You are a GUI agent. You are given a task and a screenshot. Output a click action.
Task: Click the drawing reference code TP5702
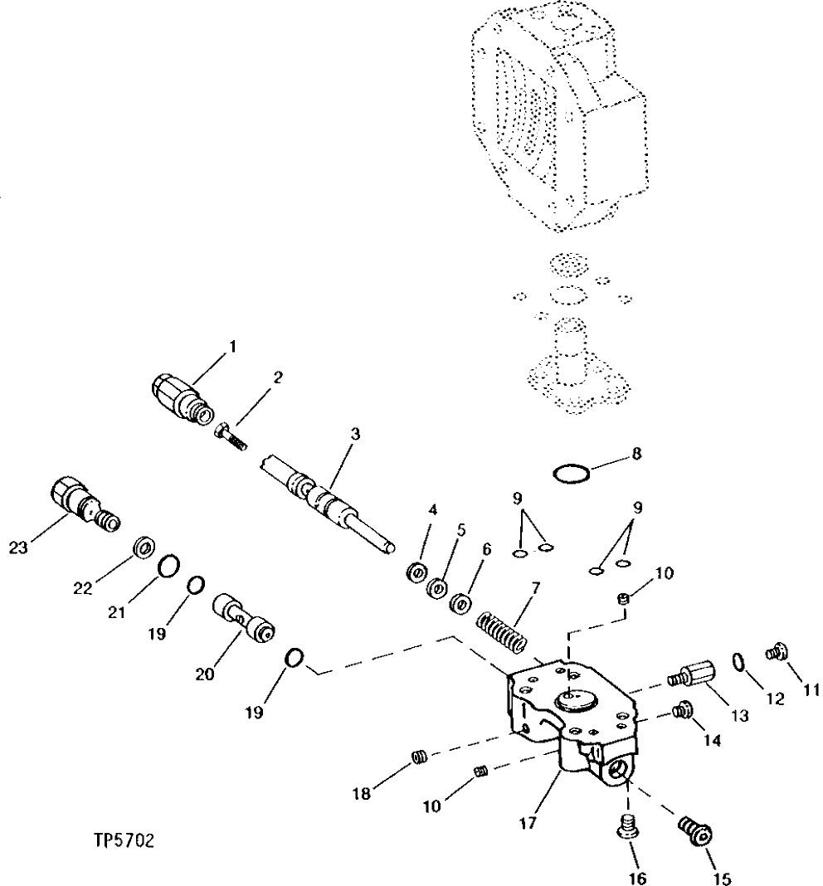click(x=124, y=841)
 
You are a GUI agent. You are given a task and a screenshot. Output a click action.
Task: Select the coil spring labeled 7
click(x=502, y=634)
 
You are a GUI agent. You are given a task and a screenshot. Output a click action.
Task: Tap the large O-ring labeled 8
click(x=572, y=475)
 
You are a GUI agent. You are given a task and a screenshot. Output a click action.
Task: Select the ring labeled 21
click(x=169, y=567)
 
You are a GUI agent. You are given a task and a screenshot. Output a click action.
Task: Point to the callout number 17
click(x=528, y=824)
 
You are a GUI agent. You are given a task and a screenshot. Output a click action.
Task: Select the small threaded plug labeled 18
click(x=421, y=756)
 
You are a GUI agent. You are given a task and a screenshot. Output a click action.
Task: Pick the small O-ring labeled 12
click(x=738, y=660)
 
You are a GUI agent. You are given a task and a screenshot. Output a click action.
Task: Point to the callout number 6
click(x=487, y=549)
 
